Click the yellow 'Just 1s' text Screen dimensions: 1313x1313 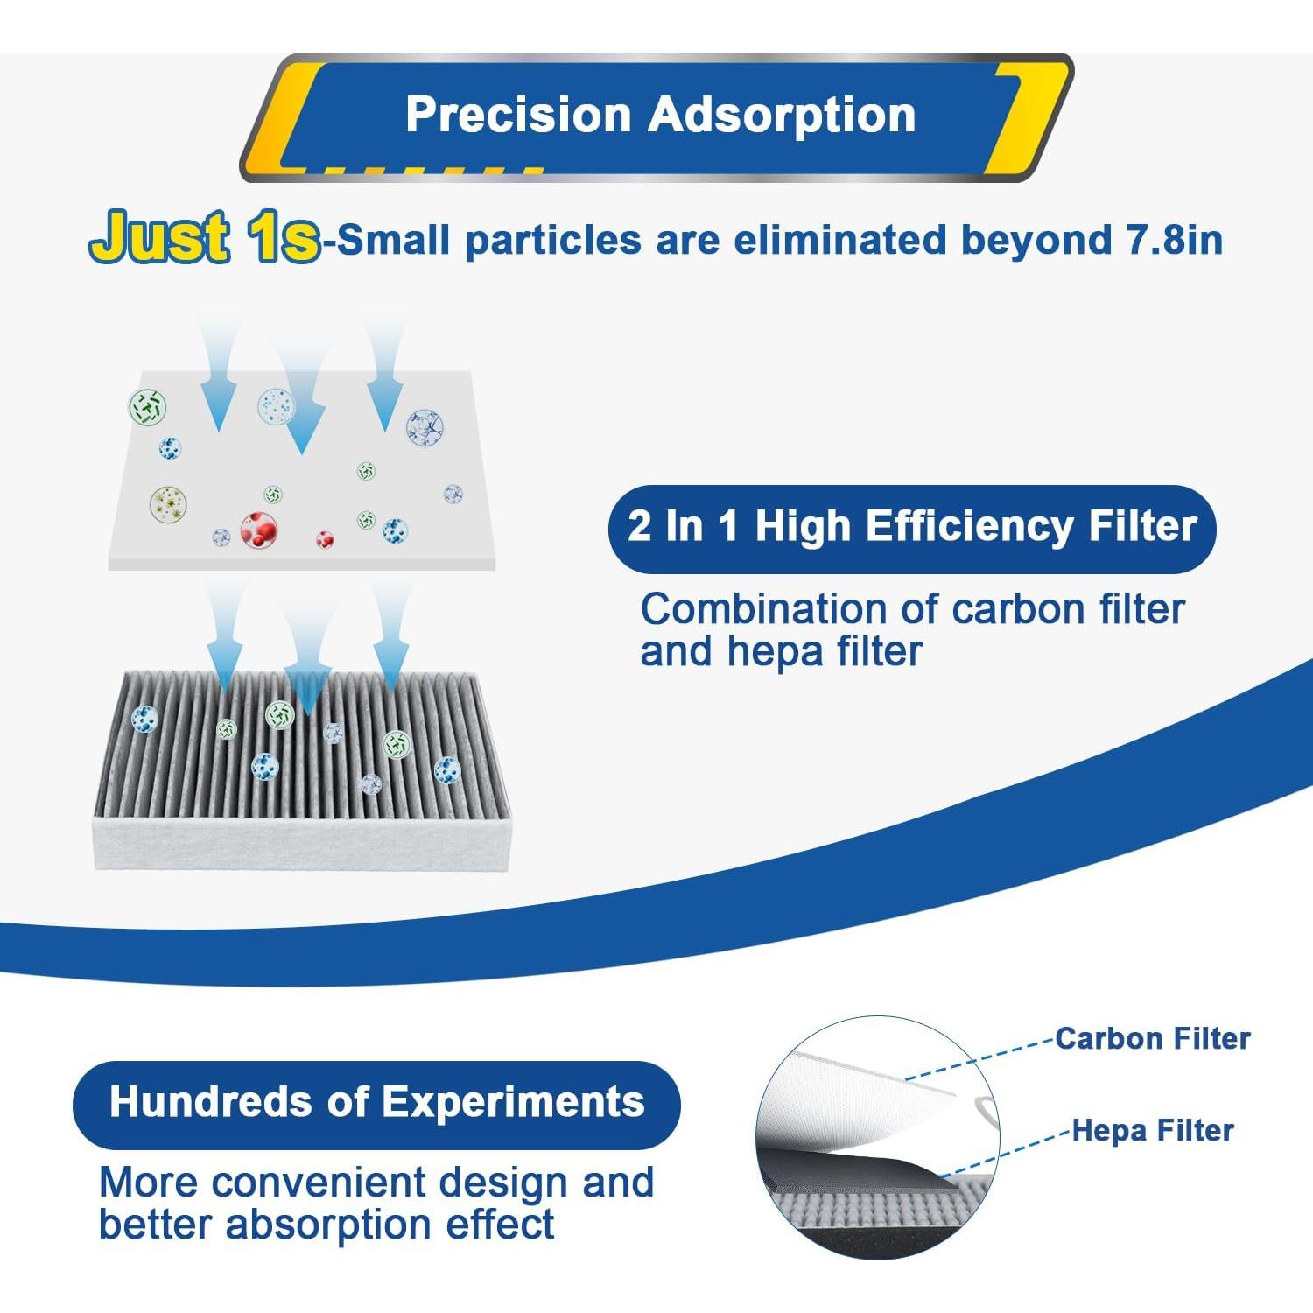click(205, 238)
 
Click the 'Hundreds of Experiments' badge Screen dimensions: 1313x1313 click(376, 1103)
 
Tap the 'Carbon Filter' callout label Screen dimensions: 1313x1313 click(1152, 1039)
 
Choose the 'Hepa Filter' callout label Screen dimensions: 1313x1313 click(1152, 1131)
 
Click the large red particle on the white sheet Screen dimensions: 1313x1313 click(259, 529)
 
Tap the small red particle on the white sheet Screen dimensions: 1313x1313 click(325, 538)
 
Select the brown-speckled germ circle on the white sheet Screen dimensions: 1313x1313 click(168, 504)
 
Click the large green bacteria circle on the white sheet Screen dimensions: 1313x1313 click(147, 407)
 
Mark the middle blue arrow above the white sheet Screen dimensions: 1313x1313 click(301, 411)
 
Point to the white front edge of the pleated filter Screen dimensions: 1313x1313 click(302, 844)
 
